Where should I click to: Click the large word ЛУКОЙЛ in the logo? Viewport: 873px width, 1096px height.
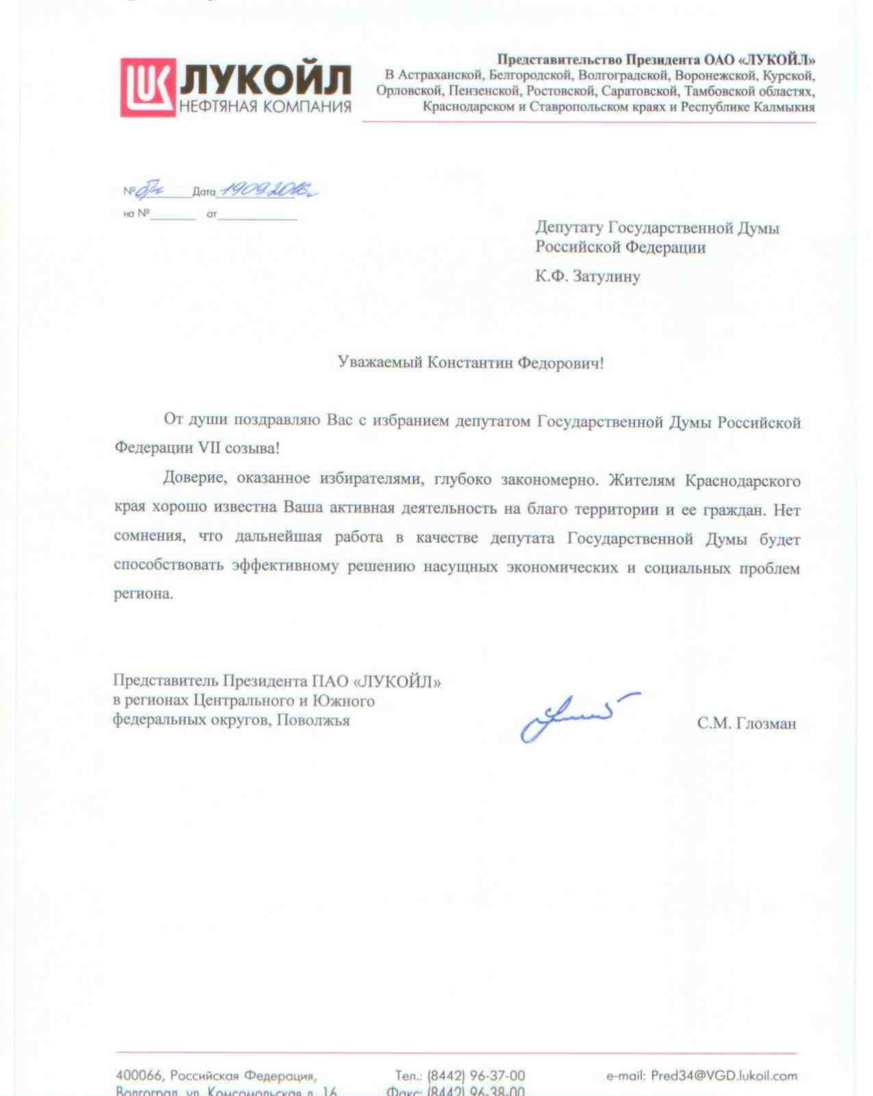(266, 79)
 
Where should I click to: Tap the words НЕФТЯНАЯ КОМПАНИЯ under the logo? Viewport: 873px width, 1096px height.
(266, 107)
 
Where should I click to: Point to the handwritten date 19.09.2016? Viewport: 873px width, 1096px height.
(267, 190)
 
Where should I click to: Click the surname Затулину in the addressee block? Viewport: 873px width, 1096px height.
(607, 276)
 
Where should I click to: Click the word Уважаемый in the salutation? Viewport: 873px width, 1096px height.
(379, 362)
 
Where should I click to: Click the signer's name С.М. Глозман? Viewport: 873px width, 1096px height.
(746, 723)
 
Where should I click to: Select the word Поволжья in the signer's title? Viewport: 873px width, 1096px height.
(313, 720)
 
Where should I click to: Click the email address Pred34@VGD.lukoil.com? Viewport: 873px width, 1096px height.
(724, 1075)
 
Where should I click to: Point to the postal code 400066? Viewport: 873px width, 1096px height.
(139, 1075)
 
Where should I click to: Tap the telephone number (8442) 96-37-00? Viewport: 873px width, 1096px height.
(476, 1075)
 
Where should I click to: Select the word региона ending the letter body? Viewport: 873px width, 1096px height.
(143, 593)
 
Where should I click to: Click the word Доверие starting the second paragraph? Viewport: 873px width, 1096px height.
(194, 478)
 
